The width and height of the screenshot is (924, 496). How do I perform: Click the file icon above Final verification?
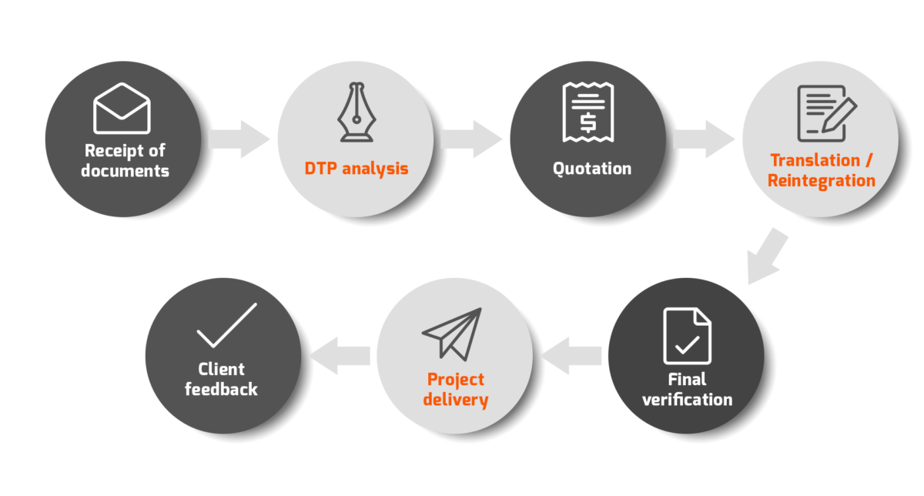point(687,336)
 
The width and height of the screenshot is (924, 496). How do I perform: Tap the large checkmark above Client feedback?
point(226,327)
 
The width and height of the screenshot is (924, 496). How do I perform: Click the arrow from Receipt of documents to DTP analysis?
point(239,139)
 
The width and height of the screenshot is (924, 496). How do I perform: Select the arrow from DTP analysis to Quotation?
point(472,139)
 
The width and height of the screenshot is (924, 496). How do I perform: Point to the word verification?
point(687,400)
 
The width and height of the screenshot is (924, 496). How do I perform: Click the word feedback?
point(221,390)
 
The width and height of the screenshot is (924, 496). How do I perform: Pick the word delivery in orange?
point(455,400)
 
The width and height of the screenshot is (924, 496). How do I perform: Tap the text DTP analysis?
point(355,169)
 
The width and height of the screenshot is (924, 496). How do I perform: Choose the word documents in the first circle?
point(125,171)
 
